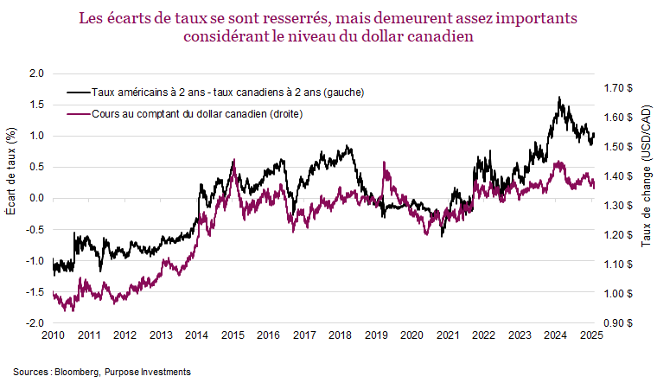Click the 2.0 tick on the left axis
point(35,73)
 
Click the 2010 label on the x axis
point(53,335)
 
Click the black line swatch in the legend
point(78,92)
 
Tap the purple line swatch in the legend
point(78,114)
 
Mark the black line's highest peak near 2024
point(559,99)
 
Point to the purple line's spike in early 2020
point(384,165)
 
